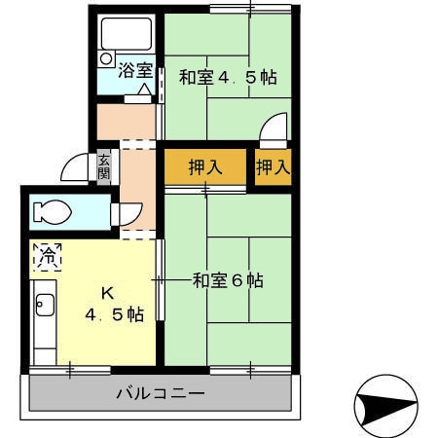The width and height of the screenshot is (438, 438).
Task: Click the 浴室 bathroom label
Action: pos(135,70)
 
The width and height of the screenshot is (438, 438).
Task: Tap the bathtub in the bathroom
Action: pos(128,37)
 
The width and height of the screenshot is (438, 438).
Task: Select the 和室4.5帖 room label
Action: pos(227,78)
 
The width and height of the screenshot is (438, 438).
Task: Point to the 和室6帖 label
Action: pos(227,280)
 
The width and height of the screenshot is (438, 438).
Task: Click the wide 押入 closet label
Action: pos(205,166)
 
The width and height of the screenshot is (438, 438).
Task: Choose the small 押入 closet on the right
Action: pos(273,166)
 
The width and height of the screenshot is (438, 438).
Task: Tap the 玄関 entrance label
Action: pos(104,167)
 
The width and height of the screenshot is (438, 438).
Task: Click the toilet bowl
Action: pos(55,210)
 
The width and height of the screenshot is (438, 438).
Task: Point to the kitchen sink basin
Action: pos(42,307)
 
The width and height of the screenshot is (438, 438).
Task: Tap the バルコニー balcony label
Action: pos(160,394)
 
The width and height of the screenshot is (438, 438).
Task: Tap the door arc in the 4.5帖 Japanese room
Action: pos(275,128)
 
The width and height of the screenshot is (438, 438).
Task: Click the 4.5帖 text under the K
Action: pos(114,315)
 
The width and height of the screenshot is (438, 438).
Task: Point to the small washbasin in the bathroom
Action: pos(105,59)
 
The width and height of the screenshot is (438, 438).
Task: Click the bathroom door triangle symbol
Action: pos(144,91)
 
